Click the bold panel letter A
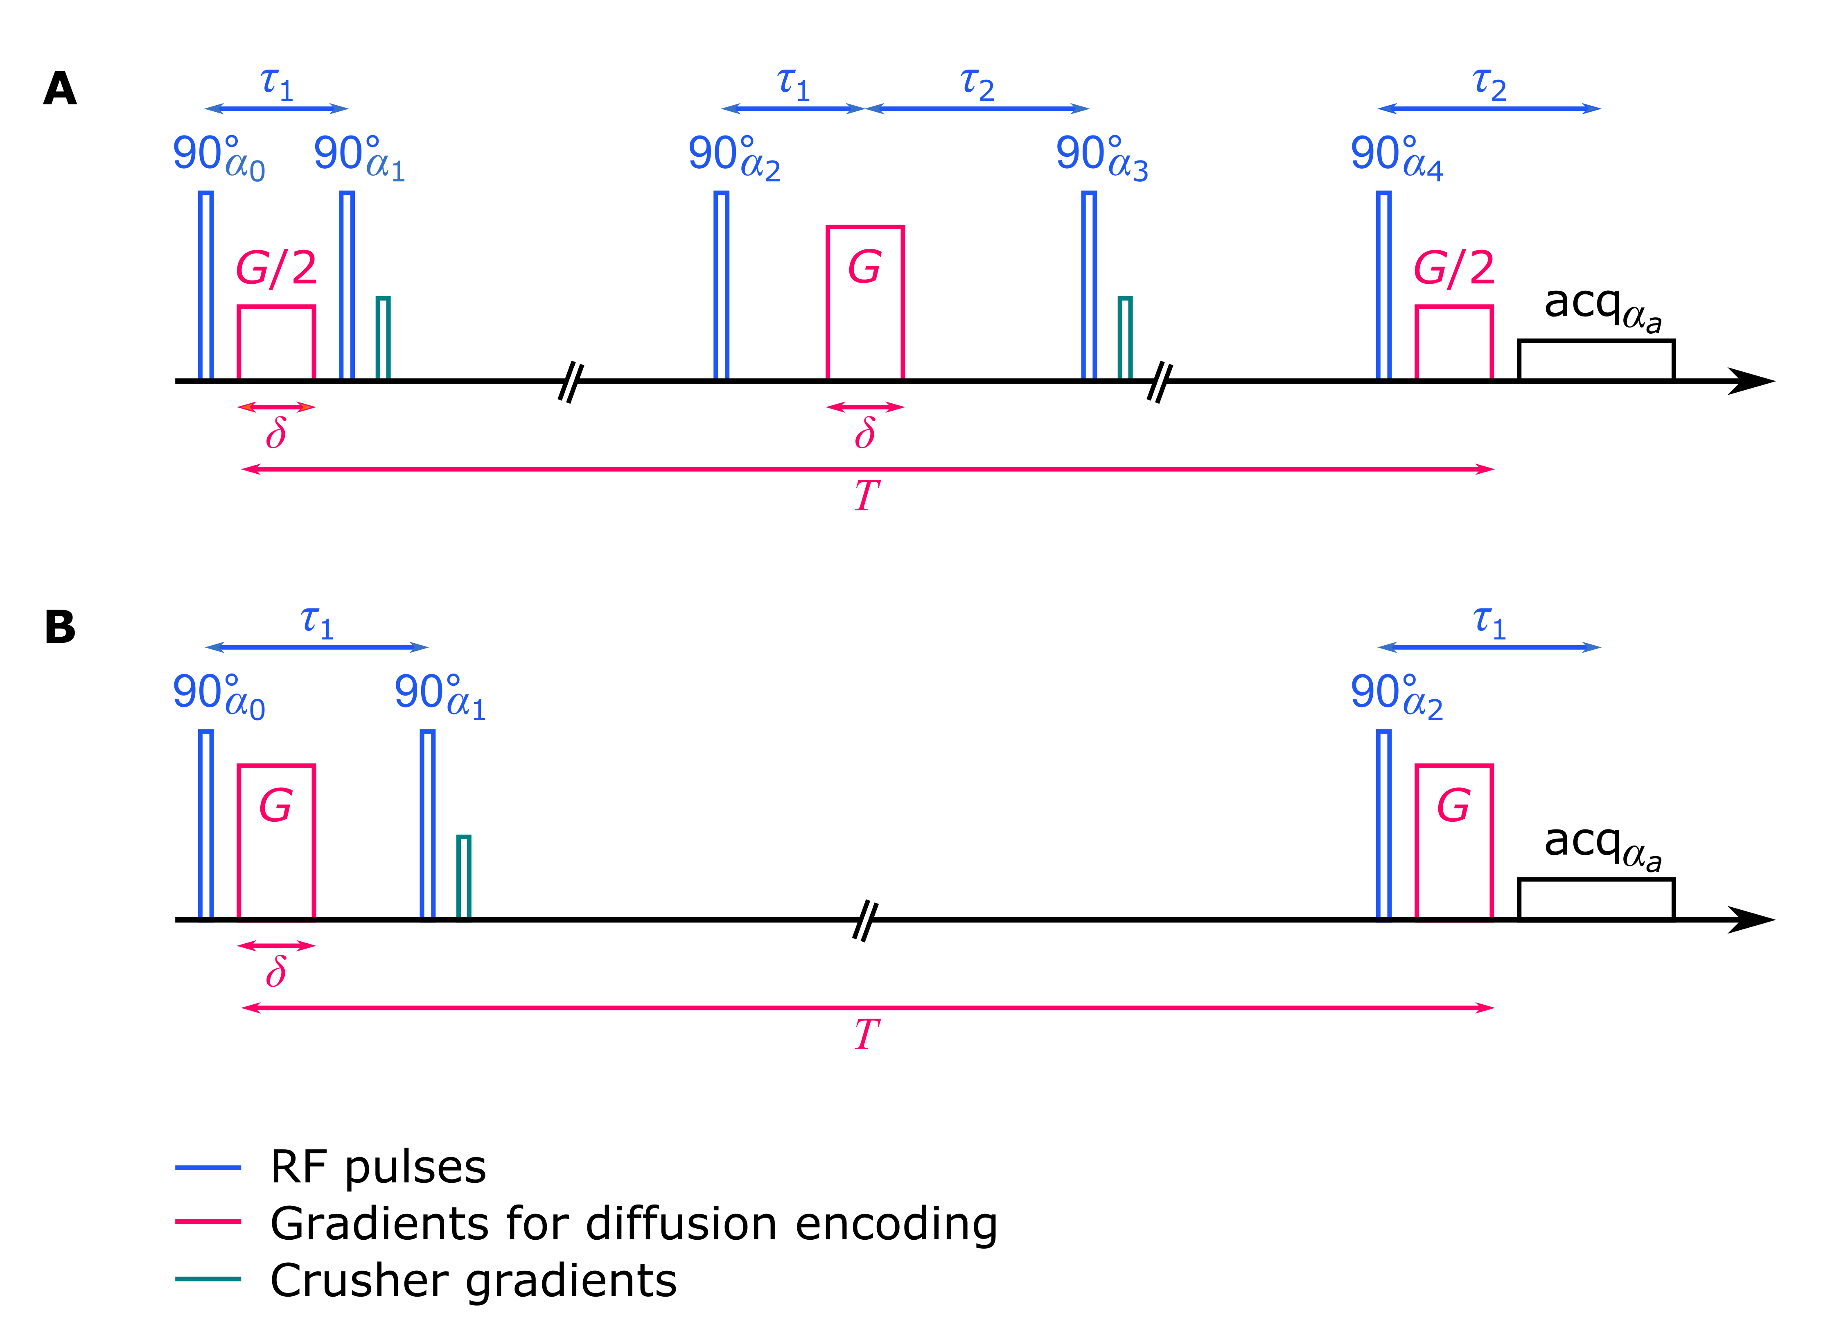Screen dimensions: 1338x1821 (60, 89)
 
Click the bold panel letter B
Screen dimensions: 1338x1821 (60, 628)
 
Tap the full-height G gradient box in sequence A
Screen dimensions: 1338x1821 (865, 304)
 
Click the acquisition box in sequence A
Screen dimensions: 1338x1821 (1596, 360)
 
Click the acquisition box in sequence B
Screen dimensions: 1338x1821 (1596, 899)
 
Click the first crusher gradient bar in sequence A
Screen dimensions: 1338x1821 (383, 339)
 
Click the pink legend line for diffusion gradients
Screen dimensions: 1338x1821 (208, 1221)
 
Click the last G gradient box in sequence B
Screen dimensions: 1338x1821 (1453, 842)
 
